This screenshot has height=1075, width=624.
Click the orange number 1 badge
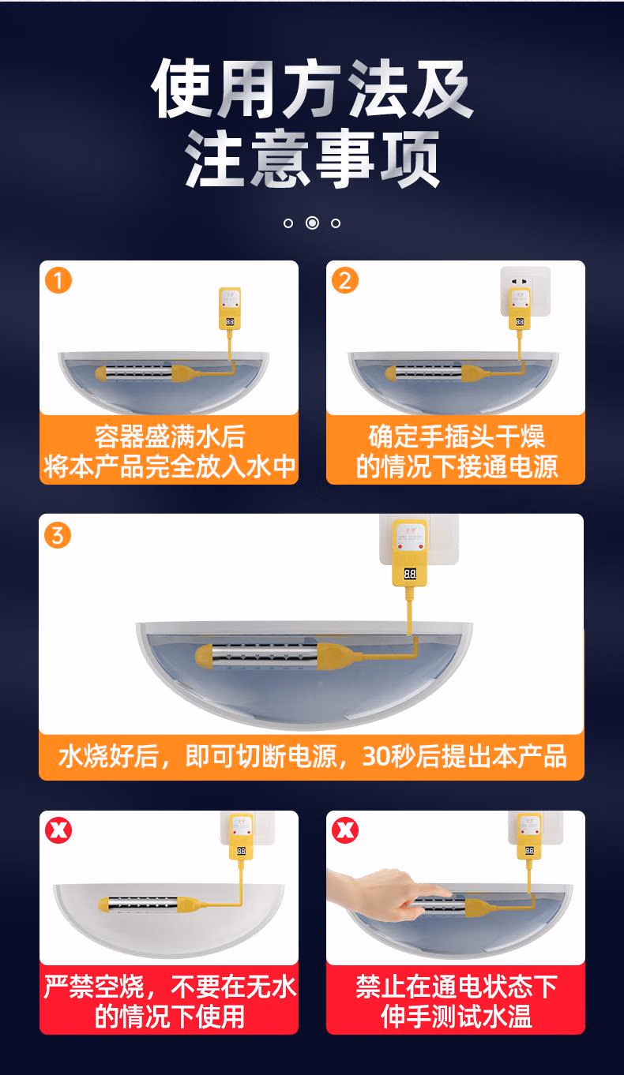[58, 280]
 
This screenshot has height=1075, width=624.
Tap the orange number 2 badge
[345, 280]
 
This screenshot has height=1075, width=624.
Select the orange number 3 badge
[58, 535]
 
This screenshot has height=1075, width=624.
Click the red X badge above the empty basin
[58, 830]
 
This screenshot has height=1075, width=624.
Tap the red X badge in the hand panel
[345, 830]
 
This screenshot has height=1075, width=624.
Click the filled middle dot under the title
[312, 223]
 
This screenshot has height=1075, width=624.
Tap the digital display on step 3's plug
[410, 574]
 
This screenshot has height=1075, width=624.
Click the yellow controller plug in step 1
[230, 309]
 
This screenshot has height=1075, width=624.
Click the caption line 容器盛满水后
[170, 436]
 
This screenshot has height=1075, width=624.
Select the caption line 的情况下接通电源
[457, 467]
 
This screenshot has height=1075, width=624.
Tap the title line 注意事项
[312, 159]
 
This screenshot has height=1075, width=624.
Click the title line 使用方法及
[312, 88]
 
